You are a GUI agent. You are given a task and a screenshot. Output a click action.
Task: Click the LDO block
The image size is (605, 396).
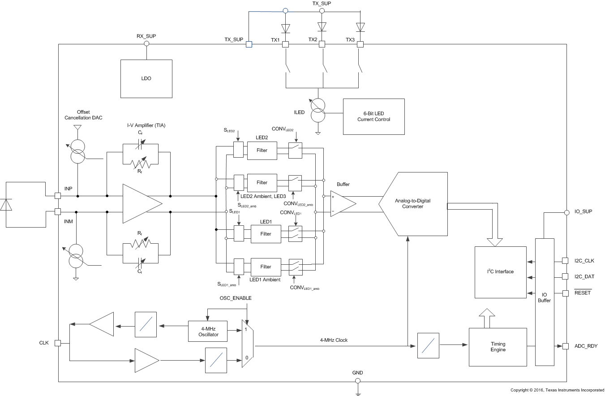(x=146, y=78)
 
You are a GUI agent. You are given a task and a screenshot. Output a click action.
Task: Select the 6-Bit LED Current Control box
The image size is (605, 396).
(x=373, y=116)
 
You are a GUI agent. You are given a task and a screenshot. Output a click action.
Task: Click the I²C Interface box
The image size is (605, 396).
(x=500, y=272)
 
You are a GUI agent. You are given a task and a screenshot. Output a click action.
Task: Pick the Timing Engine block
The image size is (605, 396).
(x=498, y=347)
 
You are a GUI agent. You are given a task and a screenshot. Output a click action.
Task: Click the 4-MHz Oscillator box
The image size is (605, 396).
(x=208, y=331)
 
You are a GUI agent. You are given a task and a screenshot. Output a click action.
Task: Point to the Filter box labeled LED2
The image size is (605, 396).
(x=262, y=151)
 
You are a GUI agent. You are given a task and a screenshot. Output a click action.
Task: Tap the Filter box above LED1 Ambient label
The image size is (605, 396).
(x=266, y=267)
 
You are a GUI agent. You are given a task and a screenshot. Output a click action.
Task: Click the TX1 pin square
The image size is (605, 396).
(x=285, y=44)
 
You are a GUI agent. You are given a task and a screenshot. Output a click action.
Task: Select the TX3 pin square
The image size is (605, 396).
(x=360, y=44)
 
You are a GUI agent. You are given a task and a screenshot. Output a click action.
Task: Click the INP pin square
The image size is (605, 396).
(x=57, y=196)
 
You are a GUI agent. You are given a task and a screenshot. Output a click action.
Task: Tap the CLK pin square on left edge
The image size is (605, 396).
(x=57, y=343)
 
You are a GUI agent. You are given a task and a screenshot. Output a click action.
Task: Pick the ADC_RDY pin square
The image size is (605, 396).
(x=566, y=346)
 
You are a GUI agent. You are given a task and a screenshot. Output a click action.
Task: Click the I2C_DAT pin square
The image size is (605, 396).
(x=566, y=277)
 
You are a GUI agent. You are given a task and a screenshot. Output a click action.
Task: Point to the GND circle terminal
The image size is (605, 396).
(x=357, y=381)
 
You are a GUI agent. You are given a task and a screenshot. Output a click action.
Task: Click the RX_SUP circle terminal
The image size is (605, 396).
(x=146, y=44)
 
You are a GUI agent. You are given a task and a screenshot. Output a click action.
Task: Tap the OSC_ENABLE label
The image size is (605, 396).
(x=235, y=298)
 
